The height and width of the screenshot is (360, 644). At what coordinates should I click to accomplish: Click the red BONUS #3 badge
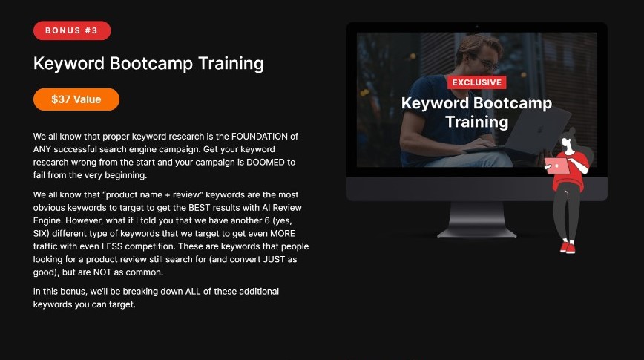pyautogui.click(x=72, y=31)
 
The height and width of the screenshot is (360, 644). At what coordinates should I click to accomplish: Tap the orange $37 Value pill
pyautogui.click(x=76, y=99)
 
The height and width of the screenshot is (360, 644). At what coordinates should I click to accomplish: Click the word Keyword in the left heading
pyautogui.click(x=69, y=64)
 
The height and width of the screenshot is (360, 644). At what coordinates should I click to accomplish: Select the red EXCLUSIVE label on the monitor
pyautogui.click(x=477, y=82)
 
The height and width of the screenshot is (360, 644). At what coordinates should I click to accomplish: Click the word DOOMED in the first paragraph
pyautogui.click(x=266, y=163)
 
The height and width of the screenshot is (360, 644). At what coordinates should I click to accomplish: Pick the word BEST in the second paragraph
pyautogui.click(x=199, y=208)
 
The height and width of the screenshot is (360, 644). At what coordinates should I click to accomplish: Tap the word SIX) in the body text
pyautogui.click(x=42, y=233)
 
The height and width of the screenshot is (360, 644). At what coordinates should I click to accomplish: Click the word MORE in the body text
pyautogui.click(x=282, y=233)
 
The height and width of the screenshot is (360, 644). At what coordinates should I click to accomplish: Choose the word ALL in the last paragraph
pyautogui.click(x=193, y=292)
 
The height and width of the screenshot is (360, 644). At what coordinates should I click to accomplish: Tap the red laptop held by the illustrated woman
pyautogui.click(x=557, y=166)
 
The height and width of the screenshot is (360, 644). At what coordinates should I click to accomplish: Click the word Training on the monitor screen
pyautogui.click(x=477, y=122)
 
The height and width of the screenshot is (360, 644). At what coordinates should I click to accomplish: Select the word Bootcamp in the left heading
pyautogui.click(x=151, y=64)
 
